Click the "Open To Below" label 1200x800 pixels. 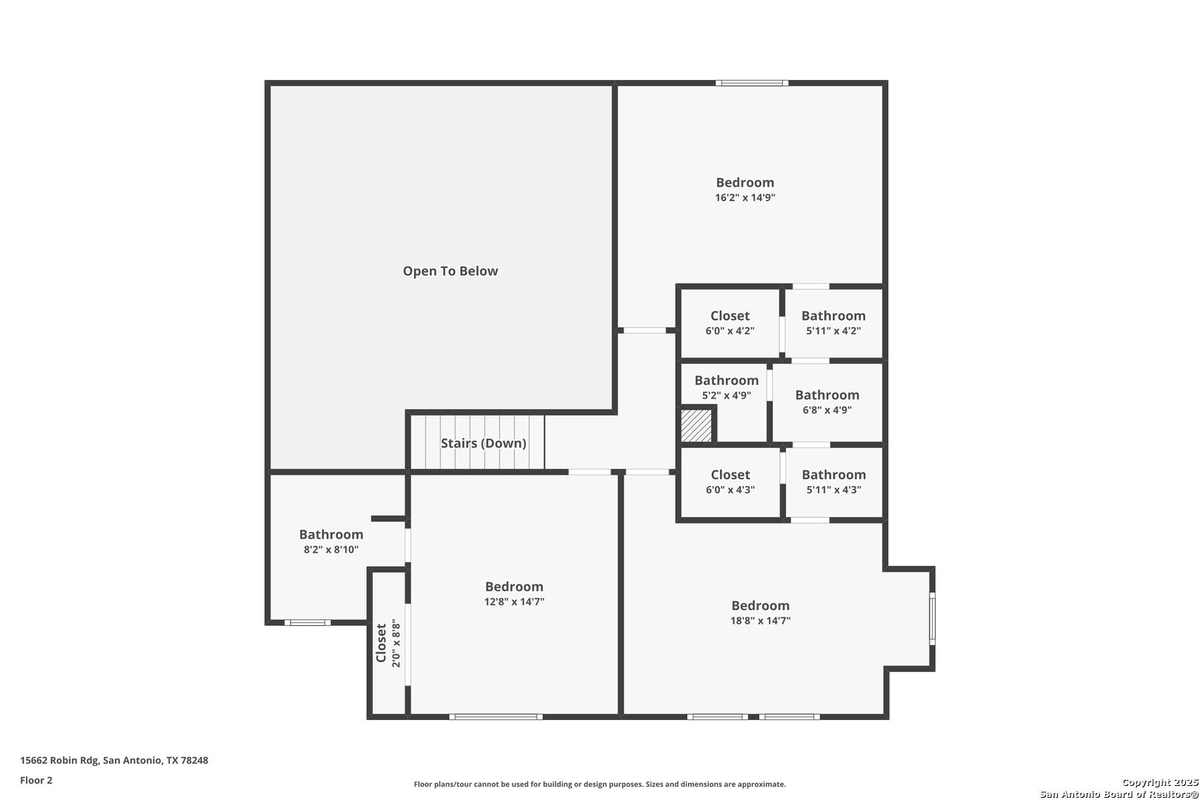pyautogui.click(x=450, y=271)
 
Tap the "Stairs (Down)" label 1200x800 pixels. pyautogui.click(x=483, y=443)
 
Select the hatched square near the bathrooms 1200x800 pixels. pyautogui.click(x=696, y=426)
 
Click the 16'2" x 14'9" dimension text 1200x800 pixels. pyautogui.click(x=744, y=197)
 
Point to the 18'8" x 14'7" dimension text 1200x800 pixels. pyautogui.click(x=760, y=621)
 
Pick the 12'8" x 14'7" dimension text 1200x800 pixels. pyautogui.click(x=514, y=601)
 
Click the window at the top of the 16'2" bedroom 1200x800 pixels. pyautogui.click(x=752, y=83)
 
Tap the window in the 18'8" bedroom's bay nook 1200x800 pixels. pyautogui.click(x=932, y=619)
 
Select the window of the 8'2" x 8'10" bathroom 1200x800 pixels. pyautogui.click(x=307, y=623)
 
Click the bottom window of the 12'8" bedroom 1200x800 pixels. pyautogui.click(x=496, y=717)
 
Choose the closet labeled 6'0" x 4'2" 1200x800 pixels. pyautogui.click(x=730, y=323)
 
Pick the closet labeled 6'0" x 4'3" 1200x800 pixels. pyautogui.click(x=730, y=482)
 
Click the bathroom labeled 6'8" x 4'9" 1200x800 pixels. pyautogui.click(x=827, y=402)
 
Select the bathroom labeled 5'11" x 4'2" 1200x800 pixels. pyautogui.click(x=833, y=323)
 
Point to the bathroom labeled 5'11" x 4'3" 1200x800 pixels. pyautogui.click(x=833, y=482)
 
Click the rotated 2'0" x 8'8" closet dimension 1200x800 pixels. pyautogui.click(x=396, y=643)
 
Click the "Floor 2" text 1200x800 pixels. pyautogui.click(x=36, y=780)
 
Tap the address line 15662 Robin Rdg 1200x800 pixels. pyautogui.click(x=114, y=760)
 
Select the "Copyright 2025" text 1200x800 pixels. pyautogui.click(x=1160, y=782)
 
